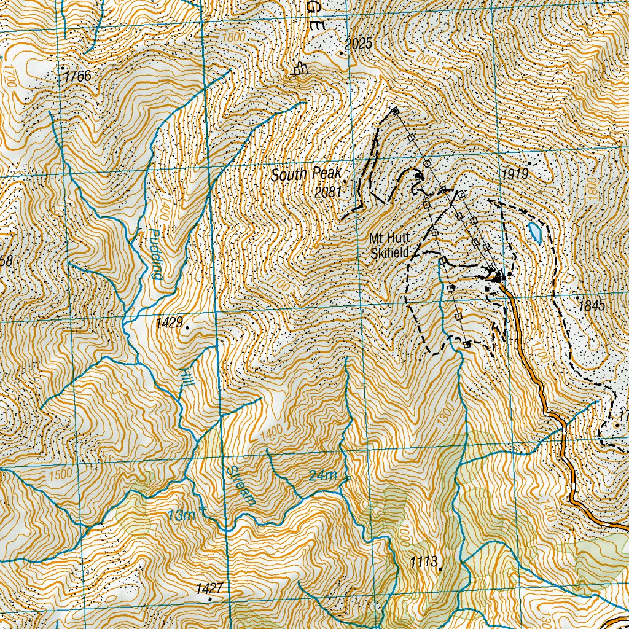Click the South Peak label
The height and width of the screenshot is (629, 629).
click(305, 174)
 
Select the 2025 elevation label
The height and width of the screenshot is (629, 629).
click(359, 44)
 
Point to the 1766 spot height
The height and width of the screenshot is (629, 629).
click(77, 76)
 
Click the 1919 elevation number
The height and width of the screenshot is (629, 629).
click(514, 174)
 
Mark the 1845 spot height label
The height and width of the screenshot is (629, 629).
click(592, 305)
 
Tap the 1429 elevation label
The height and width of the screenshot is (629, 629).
click(168, 322)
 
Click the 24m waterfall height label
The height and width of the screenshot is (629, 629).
click(323, 475)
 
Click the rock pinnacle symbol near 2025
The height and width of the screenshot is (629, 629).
click(300, 69)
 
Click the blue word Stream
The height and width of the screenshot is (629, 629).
click(241, 485)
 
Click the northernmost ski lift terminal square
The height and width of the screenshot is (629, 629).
click(395, 111)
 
